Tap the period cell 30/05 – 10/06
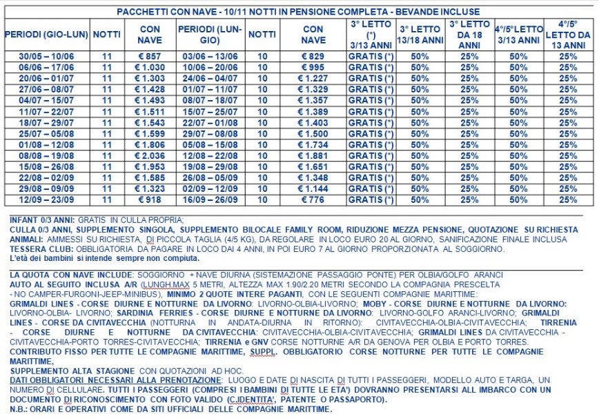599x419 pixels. [x=46, y=57]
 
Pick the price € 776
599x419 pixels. [x=313, y=200]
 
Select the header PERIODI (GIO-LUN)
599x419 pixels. [x=46, y=35]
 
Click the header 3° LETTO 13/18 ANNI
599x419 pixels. [x=421, y=35]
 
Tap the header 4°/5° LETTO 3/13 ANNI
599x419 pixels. [x=518, y=35]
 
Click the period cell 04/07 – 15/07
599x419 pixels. [x=46, y=101]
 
